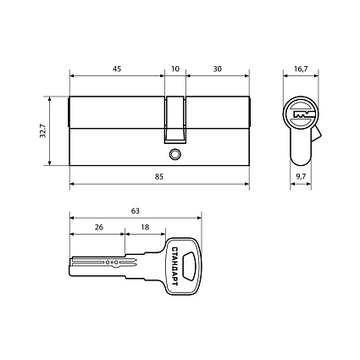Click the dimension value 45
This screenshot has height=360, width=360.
point(117,69)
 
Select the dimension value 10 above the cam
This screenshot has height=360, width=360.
point(175,69)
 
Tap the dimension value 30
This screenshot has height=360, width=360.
point(218,69)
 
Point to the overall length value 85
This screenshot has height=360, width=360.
point(159,177)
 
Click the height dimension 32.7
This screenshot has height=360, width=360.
point(43,130)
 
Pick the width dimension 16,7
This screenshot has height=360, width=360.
point(301,69)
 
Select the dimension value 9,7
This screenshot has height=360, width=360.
point(301,177)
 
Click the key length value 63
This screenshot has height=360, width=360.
point(136,211)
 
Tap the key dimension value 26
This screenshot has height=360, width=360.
point(99,227)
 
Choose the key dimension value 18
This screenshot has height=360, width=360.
point(145,227)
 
